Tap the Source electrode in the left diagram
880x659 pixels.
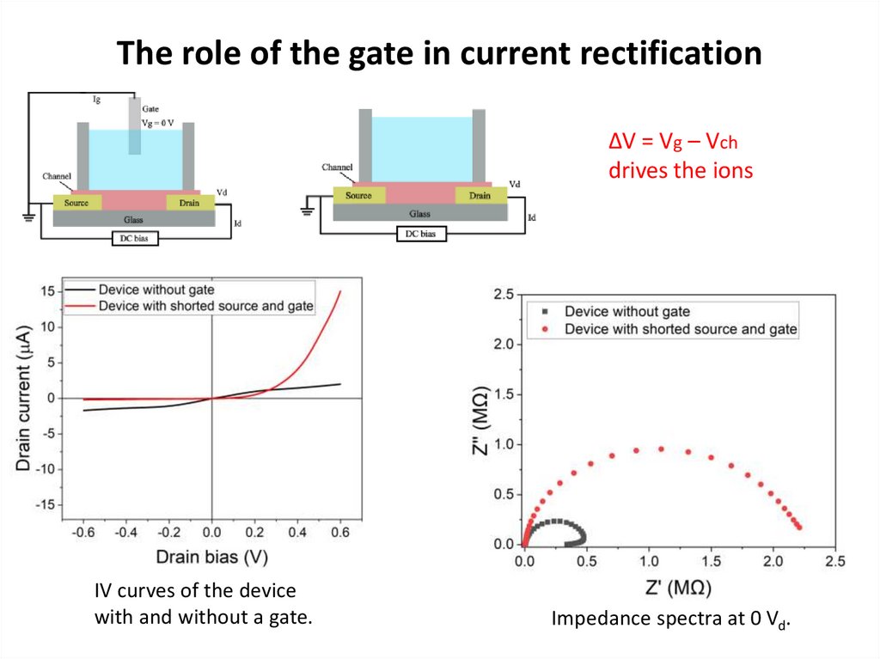pos(77,203)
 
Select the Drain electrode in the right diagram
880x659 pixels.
pos(480,196)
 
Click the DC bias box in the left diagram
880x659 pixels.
pos(135,239)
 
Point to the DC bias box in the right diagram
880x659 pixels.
pos(420,234)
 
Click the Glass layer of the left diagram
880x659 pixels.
pos(133,220)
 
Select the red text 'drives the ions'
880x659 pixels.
pos(680,170)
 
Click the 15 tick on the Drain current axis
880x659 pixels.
pos(48,291)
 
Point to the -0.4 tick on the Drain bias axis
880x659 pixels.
pos(125,534)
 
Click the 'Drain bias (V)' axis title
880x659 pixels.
pos(211,557)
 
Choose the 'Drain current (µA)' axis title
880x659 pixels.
pos(24,397)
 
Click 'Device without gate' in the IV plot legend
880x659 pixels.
pos(156,290)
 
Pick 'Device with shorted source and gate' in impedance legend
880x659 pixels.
pos(681,329)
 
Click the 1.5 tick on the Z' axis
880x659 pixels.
pos(711,561)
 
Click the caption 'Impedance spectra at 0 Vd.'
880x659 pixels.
pos(669,619)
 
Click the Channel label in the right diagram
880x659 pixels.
pos(339,167)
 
